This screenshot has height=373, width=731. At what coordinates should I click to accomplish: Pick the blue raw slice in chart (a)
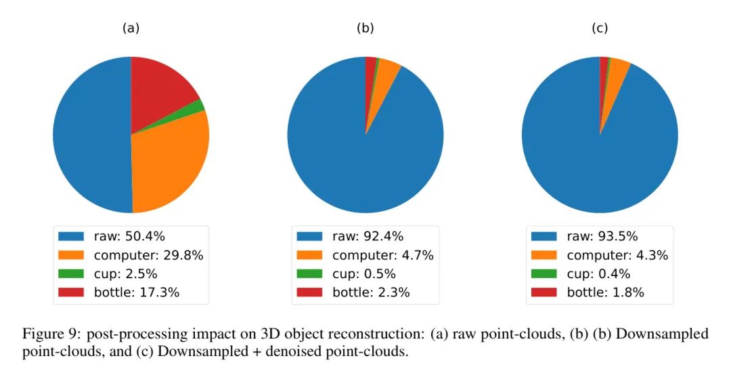click(88, 135)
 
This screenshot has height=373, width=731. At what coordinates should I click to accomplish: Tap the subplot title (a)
click(131, 28)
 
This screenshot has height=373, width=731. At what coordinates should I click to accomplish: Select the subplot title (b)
click(365, 28)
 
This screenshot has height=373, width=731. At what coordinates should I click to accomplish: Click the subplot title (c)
click(600, 28)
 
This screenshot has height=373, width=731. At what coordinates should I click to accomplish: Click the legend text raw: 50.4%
click(129, 236)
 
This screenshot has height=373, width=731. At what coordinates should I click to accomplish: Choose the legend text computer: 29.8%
click(148, 255)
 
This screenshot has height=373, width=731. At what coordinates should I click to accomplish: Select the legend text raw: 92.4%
click(368, 236)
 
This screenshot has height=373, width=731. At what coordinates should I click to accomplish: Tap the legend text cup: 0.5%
click(363, 274)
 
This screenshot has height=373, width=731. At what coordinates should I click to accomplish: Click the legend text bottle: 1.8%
click(605, 292)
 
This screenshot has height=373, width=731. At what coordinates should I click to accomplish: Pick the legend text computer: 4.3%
click(617, 255)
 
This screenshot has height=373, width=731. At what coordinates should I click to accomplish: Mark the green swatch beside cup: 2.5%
click(71, 274)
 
